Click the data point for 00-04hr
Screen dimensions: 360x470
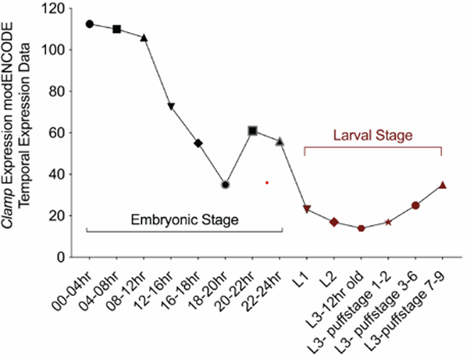[90, 24]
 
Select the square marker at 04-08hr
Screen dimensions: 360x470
[117, 29]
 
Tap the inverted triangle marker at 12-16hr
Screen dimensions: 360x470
[171, 106]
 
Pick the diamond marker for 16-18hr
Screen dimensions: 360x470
[198, 143]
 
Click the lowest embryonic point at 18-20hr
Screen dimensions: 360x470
[226, 185]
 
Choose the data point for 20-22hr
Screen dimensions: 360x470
[253, 130]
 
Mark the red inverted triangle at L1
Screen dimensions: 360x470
[307, 209]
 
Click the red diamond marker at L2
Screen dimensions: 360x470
[334, 223]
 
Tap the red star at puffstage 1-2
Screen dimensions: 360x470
[388, 223]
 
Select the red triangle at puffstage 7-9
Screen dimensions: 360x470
[443, 185]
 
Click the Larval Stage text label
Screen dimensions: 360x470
[373, 135]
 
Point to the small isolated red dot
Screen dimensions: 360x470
[267, 183]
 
